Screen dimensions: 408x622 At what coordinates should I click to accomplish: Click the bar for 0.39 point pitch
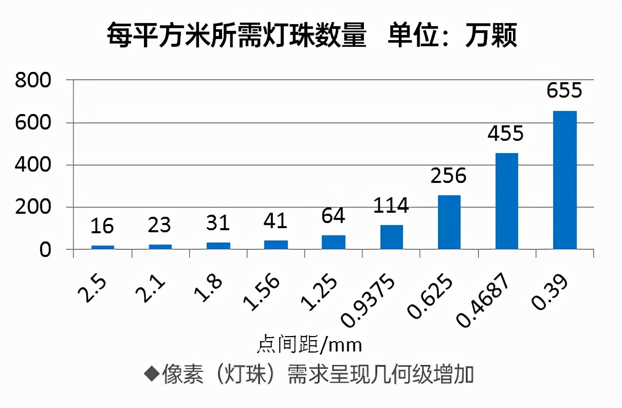[x=564, y=180]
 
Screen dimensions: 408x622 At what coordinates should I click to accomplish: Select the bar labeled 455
[x=507, y=201]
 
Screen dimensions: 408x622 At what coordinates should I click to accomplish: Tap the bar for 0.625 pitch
[x=449, y=222]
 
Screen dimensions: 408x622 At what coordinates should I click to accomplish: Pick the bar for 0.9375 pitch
[x=392, y=237]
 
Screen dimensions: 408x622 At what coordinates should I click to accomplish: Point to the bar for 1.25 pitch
[x=334, y=242]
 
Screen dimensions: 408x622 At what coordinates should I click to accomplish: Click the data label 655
[x=564, y=91]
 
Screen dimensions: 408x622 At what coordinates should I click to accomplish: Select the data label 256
[x=449, y=176]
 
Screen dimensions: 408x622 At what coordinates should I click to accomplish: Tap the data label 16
[x=102, y=226]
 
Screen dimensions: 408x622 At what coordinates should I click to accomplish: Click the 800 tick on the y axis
[x=33, y=81]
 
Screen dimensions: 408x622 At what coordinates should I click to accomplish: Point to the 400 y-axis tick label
[x=33, y=165]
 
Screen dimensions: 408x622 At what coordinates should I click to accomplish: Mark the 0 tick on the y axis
[x=46, y=250]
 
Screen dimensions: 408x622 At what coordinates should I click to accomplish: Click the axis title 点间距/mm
[x=309, y=344]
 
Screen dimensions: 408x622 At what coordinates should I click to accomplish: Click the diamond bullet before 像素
[x=151, y=374]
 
